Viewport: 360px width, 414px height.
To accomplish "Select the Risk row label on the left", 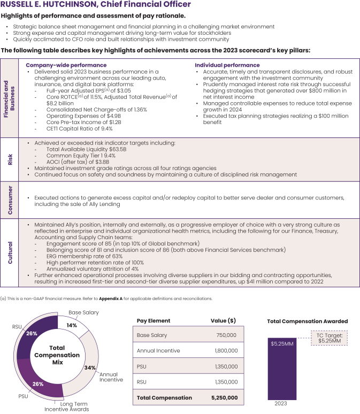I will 10,159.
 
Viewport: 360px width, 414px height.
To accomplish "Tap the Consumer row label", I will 10,197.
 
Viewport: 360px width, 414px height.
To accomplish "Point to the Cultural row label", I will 10,251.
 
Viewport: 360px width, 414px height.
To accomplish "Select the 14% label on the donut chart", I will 72,325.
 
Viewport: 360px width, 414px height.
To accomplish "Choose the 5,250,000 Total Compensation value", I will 223,397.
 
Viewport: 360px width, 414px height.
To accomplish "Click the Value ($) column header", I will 224,321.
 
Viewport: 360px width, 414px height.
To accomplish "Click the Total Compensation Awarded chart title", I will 307,321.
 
